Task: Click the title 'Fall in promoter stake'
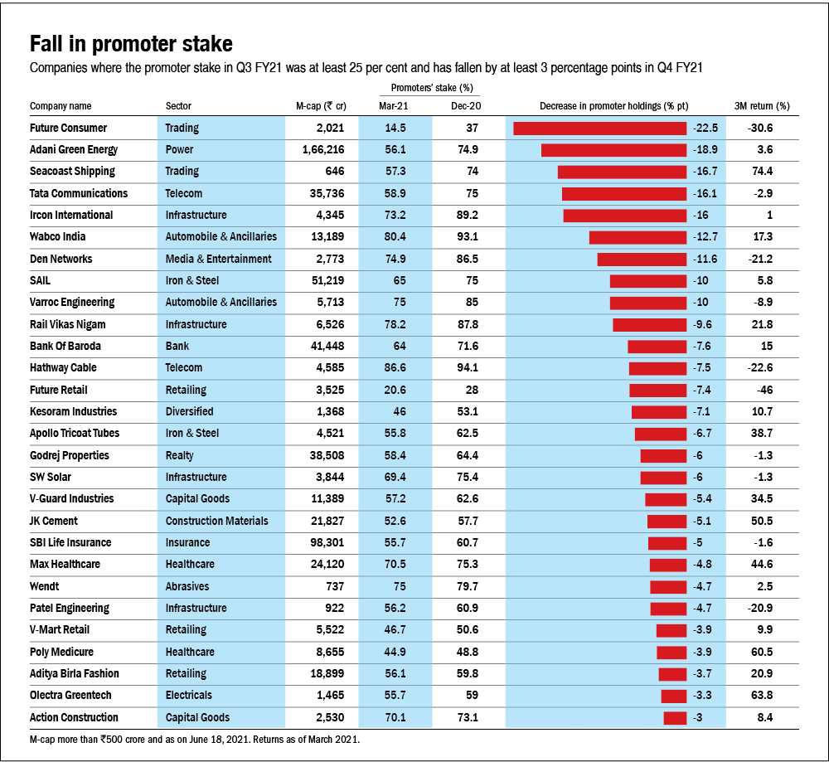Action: (131, 44)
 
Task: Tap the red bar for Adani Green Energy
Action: (614, 150)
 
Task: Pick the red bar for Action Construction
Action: (675, 717)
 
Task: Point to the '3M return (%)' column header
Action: (762, 106)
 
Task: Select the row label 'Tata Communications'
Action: (79, 193)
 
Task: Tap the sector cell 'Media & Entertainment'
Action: (218, 259)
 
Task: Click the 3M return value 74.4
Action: (762, 172)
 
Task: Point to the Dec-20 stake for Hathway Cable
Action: (467, 368)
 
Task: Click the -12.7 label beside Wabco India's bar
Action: (704, 237)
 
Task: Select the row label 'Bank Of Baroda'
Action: (65, 346)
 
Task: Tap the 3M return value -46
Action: (762, 390)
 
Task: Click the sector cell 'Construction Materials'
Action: (217, 521)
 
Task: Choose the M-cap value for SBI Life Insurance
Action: (324, 542)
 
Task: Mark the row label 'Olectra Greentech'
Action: (70, 695)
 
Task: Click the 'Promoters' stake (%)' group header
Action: (431, 87)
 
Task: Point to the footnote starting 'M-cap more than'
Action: (194, 738)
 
